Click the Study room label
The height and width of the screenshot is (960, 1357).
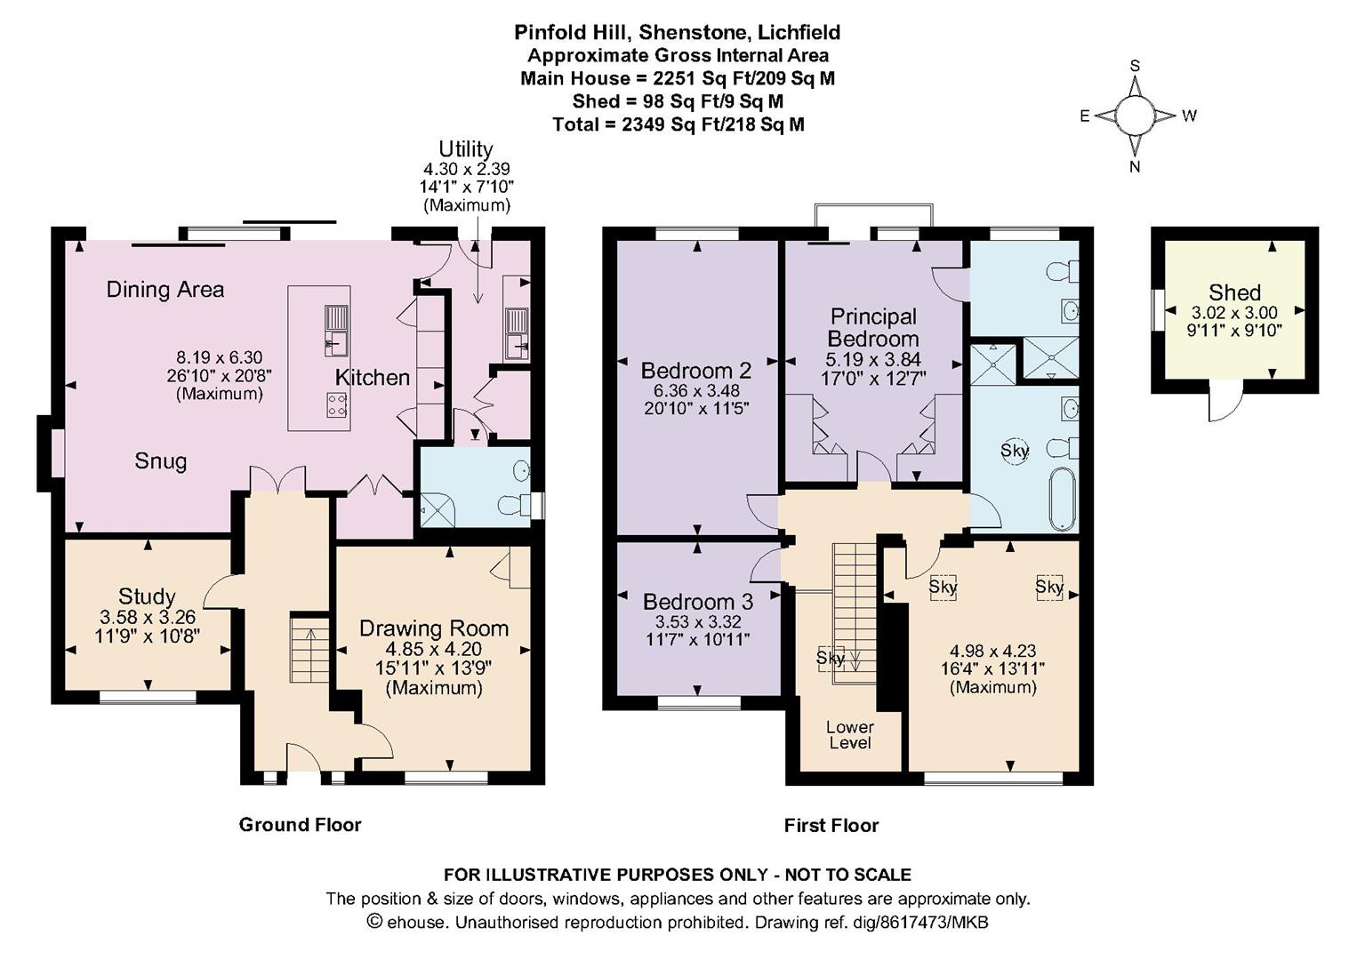148,596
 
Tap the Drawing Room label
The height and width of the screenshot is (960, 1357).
434,628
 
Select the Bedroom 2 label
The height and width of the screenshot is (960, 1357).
696,370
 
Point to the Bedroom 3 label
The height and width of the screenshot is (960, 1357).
698,602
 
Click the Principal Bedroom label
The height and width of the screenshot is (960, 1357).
873,327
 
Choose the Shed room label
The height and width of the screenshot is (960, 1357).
1234,292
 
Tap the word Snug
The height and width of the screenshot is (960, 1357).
161,461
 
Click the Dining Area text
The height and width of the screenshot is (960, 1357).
165,290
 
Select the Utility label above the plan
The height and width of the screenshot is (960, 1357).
465,149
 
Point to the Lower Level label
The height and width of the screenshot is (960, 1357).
850,735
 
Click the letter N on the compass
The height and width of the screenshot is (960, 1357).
1135,166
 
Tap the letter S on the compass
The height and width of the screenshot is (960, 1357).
1136,66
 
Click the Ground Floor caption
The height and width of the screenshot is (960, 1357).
300,824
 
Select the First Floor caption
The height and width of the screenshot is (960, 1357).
831,825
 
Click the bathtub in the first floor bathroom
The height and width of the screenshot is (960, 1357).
1064,499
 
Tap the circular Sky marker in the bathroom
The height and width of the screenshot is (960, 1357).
1014,451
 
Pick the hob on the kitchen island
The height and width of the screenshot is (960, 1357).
337,404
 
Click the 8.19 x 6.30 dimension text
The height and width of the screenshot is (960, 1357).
220,356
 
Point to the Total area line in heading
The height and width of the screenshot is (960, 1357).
678,124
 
